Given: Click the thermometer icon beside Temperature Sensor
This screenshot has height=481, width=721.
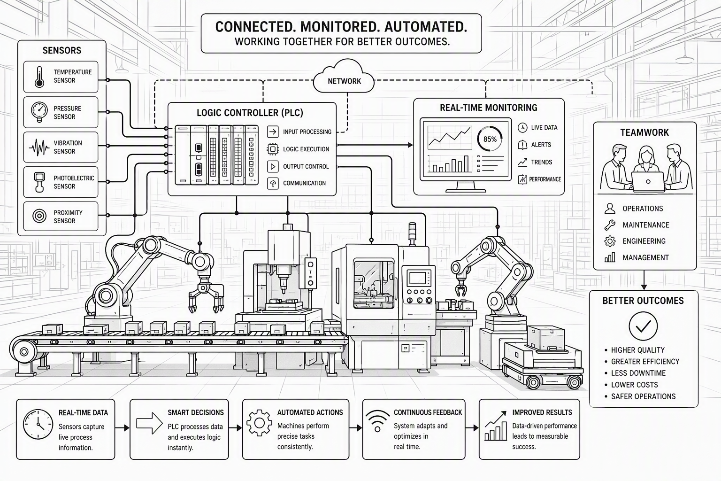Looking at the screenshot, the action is click(39, 77).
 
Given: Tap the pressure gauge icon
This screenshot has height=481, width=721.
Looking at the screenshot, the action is click(39, 112).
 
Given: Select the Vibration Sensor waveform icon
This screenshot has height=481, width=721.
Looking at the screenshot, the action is click(39, 147).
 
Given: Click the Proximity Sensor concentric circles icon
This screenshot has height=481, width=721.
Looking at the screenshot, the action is click(39, 216).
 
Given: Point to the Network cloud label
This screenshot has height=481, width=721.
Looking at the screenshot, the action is click(345, 81).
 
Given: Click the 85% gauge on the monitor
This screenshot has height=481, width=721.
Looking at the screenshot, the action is click(490, 139).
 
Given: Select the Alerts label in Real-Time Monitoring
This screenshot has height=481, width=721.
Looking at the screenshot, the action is click(541, 145).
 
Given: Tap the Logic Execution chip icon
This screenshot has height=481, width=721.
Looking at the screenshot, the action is click(273, 149).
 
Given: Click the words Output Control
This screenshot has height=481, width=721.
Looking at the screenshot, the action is click(306, 167).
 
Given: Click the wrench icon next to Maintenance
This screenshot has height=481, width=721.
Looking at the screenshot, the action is click(610, 225).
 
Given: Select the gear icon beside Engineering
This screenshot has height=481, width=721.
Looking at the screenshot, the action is click(610, 241).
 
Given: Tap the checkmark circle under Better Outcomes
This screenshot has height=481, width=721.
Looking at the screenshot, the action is click(643, 326).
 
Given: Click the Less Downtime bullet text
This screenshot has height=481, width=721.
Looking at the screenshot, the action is click(638, 373).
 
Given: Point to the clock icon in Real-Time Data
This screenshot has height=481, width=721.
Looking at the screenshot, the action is click(38, 424).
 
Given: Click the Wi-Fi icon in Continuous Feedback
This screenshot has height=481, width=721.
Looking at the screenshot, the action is click(377, 421).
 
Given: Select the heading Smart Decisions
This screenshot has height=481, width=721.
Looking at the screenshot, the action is click(196, 413).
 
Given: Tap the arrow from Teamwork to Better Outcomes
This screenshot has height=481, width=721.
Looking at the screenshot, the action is click(644, 280).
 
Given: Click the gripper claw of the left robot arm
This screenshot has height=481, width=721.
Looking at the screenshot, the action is click(207, 297).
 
